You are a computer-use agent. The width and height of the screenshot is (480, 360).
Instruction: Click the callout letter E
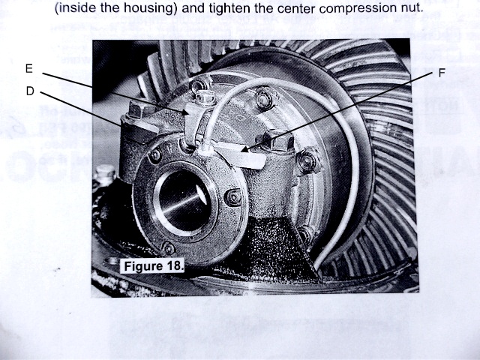pos(29,68)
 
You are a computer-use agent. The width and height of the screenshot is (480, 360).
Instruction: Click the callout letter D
pos(30,91)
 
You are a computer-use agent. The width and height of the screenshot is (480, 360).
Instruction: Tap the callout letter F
pos(442,73)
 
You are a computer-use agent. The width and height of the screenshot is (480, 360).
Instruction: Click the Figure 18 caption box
pos(152,265)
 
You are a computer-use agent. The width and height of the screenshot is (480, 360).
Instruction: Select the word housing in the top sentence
pos(150,8)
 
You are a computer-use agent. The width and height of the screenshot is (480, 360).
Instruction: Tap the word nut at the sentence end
pos(413,8)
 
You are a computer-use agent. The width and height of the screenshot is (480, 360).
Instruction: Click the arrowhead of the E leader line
pos(185,112)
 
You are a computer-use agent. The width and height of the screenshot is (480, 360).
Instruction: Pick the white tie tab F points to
pos(240,156)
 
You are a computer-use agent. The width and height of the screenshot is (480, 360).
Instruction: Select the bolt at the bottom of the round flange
pos(168,248)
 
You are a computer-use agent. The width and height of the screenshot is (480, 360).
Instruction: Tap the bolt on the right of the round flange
pos(233,197)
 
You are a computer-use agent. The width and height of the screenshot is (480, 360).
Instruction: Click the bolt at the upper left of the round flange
pos(155,155)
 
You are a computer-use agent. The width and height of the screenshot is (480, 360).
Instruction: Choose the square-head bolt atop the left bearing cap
pos(136,109)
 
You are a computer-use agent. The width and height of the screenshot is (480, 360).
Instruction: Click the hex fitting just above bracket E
pos(205,97)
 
